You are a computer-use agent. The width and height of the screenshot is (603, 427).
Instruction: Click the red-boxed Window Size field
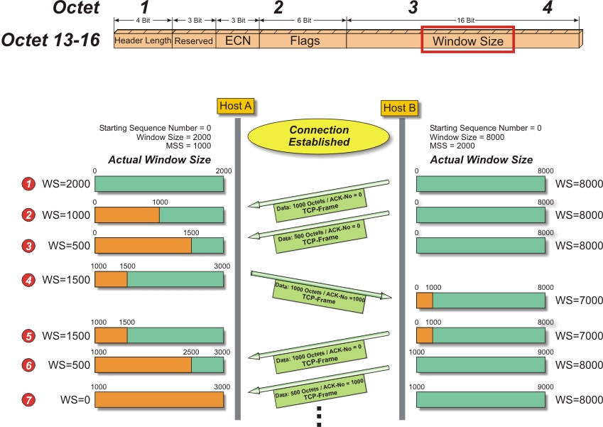click(467, 40)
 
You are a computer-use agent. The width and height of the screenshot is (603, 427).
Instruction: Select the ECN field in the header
click(238, 40)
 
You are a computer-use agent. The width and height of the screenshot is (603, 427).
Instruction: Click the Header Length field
click(143, 40)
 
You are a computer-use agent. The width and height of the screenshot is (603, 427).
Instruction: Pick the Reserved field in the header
click(194, 40)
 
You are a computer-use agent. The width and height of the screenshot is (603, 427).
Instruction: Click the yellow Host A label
click(236, 106)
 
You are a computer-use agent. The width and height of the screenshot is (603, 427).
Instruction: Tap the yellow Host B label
click(399, 108)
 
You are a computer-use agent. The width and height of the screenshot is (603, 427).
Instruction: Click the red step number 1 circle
click(29, 184)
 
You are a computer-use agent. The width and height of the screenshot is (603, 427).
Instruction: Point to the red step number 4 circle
click(29, 279)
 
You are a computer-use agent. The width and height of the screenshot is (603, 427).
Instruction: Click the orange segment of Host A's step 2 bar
click(126, 215)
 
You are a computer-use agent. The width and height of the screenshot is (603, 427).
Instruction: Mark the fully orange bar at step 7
click(159, 399)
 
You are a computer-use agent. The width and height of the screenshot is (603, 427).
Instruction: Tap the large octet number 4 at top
click(546, 9)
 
